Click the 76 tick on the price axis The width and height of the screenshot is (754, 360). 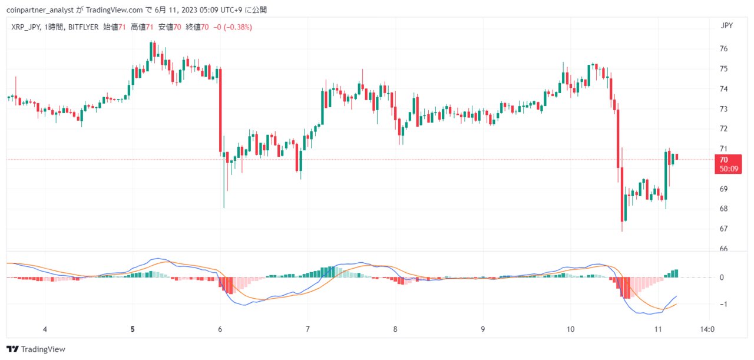(723, 49)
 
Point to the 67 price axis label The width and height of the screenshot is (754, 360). (723, 229)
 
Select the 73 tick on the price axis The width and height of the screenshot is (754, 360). (723, 109)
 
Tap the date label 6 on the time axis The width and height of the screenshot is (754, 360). (220, 329)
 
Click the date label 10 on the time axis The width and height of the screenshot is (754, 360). (570, 329)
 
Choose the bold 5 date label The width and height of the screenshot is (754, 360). (133, 329)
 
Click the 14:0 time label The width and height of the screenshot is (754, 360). (707, 329)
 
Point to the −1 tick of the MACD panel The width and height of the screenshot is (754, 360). (723, 304)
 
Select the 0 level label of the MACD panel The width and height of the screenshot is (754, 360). (722, 278)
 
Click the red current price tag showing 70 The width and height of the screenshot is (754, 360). (728, 164)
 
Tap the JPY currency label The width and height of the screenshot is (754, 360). (727, 25)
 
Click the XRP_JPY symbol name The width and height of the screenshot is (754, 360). (25, 27)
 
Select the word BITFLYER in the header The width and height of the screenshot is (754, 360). (83, 27)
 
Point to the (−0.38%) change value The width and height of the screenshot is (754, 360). (237, 27)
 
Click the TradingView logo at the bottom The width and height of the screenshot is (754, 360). (36, 349)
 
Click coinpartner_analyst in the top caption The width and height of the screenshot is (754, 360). (39, 10)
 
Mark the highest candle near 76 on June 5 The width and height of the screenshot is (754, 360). (151, 51)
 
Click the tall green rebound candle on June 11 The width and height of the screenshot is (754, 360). (666, 176)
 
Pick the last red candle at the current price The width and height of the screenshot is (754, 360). (677, 157)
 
